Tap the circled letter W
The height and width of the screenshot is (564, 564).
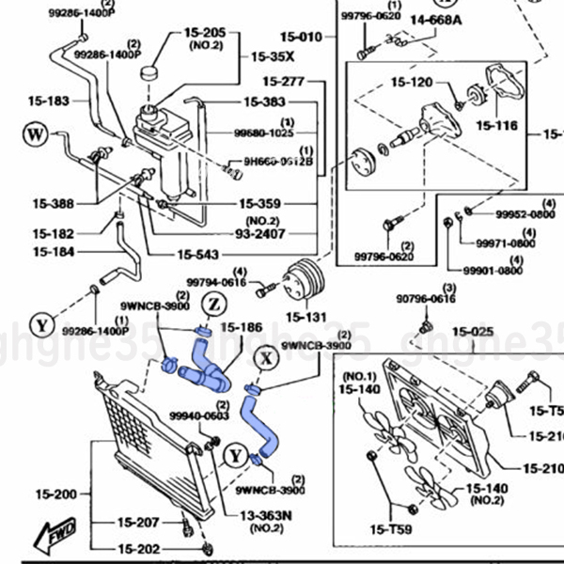click(36, 135)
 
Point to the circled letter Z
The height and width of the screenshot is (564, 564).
click(212, 305)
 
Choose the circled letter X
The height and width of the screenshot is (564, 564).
click(268, 357)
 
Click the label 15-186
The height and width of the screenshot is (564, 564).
click(242, 327)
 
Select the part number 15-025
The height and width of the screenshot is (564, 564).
click(473, 331)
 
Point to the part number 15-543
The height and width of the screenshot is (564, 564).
click(198, 254)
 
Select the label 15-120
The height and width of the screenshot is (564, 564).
click(411, 83)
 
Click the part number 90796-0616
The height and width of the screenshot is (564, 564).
click(425, 299)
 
